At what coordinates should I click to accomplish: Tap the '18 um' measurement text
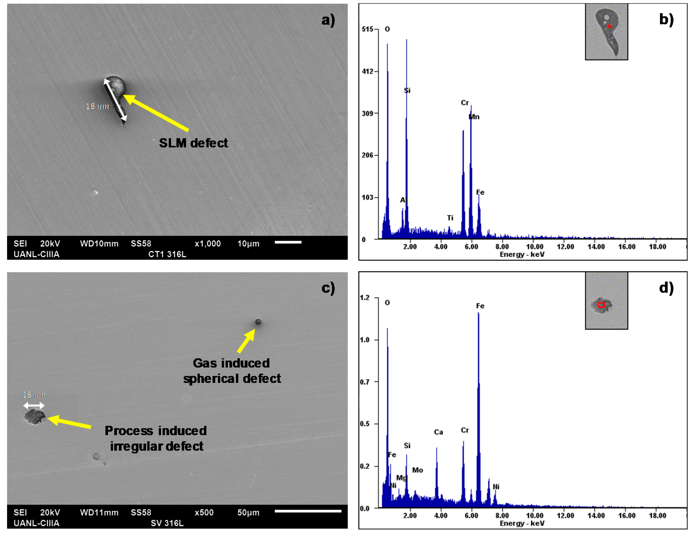(97, 106)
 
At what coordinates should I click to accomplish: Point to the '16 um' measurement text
(34, 395)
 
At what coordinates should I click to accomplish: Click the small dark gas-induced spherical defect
(258, 322)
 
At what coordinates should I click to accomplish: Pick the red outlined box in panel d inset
(601, 305)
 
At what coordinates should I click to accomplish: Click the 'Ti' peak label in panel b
(450, 218)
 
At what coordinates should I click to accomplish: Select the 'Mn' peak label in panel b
(474, 117)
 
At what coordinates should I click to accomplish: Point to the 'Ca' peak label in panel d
(439, 432)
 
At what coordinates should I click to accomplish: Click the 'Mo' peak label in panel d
(418, 470)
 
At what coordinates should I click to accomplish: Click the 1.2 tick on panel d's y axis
(365, 298)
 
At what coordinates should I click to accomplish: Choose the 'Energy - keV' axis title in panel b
(522, 254)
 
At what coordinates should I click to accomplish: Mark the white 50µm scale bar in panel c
(308, 511)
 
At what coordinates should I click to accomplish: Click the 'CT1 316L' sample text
(167, 254)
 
